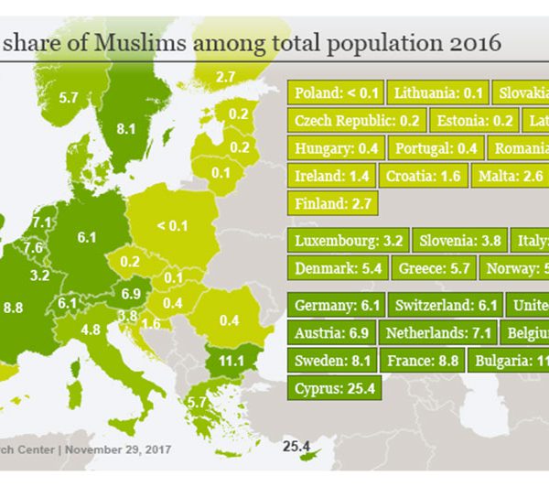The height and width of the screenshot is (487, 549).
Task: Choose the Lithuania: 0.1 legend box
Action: [x=436, y=93]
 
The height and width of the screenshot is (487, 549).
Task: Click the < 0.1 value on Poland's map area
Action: [x=171, y=225]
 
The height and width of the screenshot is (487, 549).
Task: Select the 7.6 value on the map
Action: [x=32, y=247]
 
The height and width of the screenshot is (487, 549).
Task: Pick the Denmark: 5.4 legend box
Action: [x=338, y=269]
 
